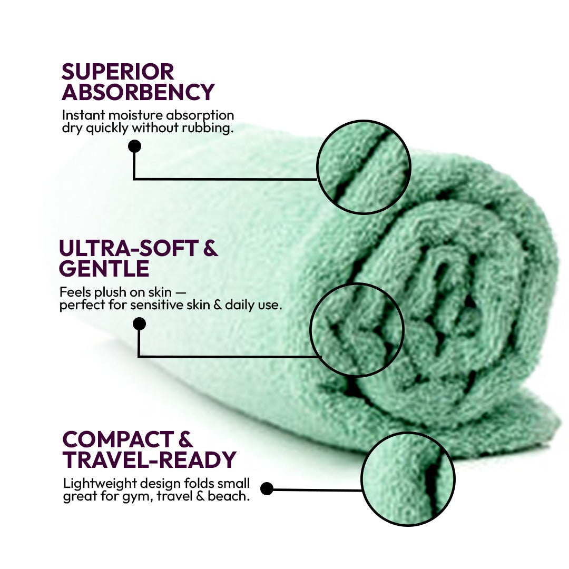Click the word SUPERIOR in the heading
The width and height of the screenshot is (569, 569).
point(117,72)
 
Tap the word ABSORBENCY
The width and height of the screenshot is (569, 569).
point(138,92)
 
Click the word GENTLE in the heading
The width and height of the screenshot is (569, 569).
point(104,269)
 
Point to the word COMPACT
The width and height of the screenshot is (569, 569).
point(118,439)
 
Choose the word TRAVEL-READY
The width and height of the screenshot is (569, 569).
point(149,460)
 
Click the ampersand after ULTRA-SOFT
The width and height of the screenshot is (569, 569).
point(210,248)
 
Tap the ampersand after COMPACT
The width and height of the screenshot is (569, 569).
point(186,439)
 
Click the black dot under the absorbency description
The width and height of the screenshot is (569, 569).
point(135,146)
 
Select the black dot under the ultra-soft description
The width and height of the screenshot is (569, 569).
point(139,323)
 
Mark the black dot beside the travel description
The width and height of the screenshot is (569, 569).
point(267,488)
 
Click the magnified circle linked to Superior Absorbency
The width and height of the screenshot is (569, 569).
point(364,167)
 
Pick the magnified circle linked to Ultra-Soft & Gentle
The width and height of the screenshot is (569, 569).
point(357,329)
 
